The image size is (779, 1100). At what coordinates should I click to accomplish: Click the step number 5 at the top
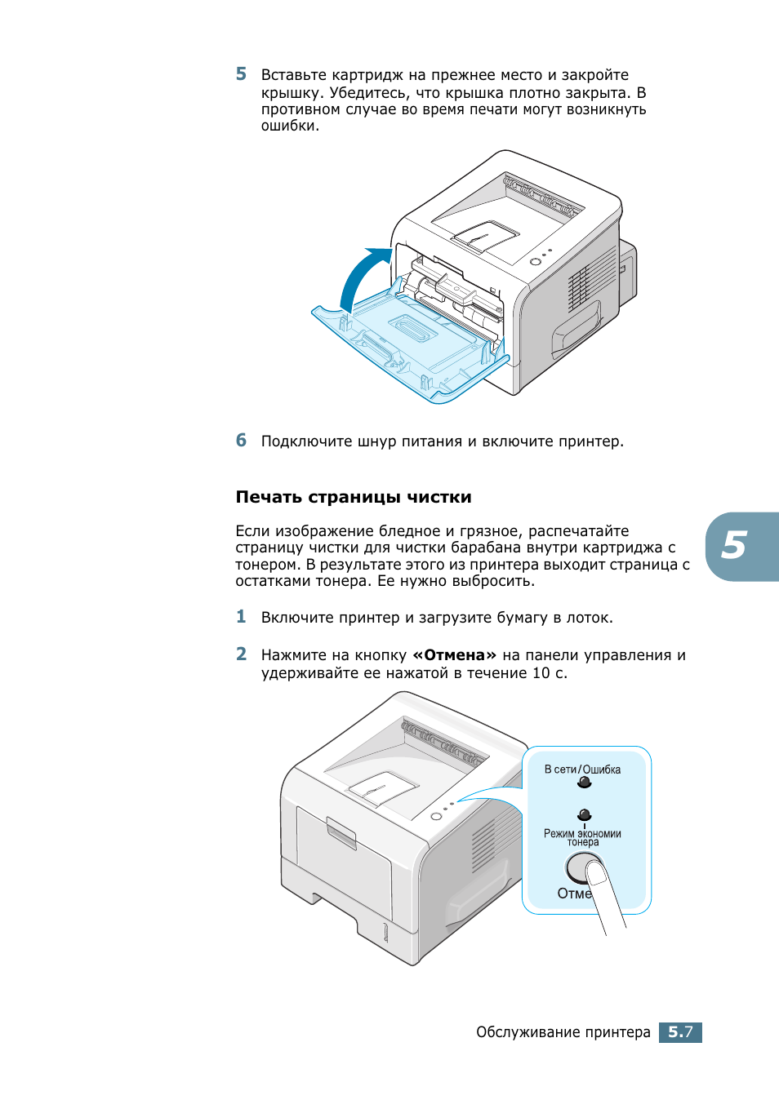tap(241, 74)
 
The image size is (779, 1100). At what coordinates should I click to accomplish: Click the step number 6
tap(241, 441)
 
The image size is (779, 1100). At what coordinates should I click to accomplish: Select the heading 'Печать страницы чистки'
tap(354, 497)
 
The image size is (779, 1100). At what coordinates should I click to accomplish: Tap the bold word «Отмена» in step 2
tap(454, 655)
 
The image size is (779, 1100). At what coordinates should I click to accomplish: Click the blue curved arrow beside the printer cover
tap(361, 274)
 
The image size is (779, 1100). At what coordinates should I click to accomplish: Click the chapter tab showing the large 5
tap(738, 546)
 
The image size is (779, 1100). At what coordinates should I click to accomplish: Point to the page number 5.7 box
tap(680, 1032)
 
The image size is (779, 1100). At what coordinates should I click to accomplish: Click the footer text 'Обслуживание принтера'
tap(563, 1032)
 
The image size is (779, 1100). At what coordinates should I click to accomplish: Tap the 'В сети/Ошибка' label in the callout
tap(582, 770)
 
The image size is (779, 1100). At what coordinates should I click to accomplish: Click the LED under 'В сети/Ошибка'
tap(584, 783)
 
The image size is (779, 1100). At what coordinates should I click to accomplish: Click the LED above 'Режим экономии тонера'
tap(584, 814)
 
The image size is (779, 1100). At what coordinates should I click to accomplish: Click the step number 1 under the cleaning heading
tap(241, 617)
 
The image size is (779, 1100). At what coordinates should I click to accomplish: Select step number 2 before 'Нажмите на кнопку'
tap(241, 654)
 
